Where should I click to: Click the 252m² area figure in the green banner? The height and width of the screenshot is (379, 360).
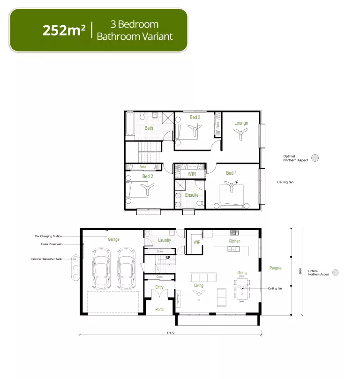(x=64, y=30)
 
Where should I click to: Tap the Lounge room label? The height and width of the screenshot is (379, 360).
(x=241, y=123)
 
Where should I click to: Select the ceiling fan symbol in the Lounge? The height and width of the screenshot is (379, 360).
(x=241, y=135)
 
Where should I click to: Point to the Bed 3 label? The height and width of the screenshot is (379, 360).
(x=195, y=117)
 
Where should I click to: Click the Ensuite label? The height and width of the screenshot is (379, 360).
(x=192, y=195)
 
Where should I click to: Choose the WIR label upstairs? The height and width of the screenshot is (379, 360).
(x=192, y=174)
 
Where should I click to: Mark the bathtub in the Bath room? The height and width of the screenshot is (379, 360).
(x=130, y=126)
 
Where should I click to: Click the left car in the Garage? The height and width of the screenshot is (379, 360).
(x=101, y=269)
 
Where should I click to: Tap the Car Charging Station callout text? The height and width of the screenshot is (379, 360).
(x=48, y=237)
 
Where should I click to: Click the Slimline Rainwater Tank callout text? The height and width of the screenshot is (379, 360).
(x=46, y=259)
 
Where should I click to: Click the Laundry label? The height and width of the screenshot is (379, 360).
(x=165, y=240)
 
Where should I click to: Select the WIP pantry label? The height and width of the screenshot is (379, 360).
(x=197, y=242)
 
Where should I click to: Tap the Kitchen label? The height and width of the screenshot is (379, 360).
(x=234, y=241)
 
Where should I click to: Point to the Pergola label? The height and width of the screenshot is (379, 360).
(x=275, y=268)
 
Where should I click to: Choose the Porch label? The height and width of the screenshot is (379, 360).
(x=159, y=309)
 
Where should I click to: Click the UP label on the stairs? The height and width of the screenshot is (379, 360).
(x=167, y=258)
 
